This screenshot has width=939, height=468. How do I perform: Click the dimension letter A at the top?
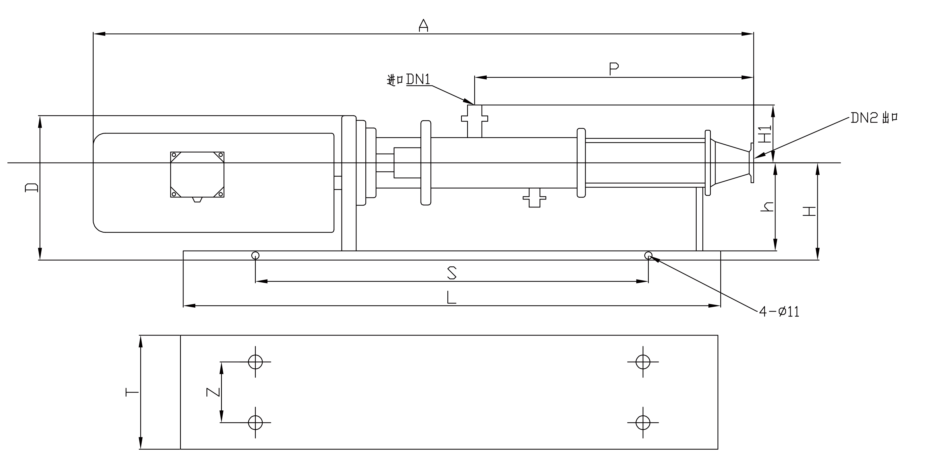pyautogui.click(x=423, y=25)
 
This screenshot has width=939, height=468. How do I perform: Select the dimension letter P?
pyautogui.click(x=614, y=69)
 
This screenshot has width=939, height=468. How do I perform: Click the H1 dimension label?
pyautogui.click(x=767, y=134)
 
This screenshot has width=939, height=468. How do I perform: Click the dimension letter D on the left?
pyautogui.click(x=31, y=187)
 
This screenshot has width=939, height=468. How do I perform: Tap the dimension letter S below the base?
pyautogui.click(x=452, y=273)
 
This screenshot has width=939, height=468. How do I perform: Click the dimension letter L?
pyautogui.click(x=451, y=297)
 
